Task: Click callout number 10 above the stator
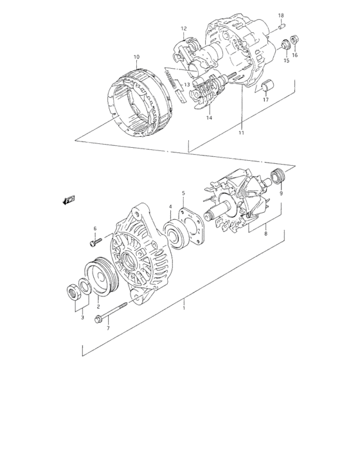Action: pyautogui.click(x=136, y=57)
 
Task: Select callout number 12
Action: pyautogui.click(x=183, y=28)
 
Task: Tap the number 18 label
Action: pyautogui.click(x=280, y=15)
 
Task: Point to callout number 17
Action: pyautogui.click(x=265, y=100)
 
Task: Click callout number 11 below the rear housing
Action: pyautogui.click(x=242, y=133)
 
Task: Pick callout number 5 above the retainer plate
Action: pyautogui.click(x=183, y=193)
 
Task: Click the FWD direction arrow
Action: pyautogui.click(x=69, y=201)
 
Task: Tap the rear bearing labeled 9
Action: pyautogui.click(x=279, y=175)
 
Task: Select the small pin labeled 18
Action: pyautogui.click(x=281, y=27)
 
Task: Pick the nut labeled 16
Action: pyautogui.click(x=294, y=40)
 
